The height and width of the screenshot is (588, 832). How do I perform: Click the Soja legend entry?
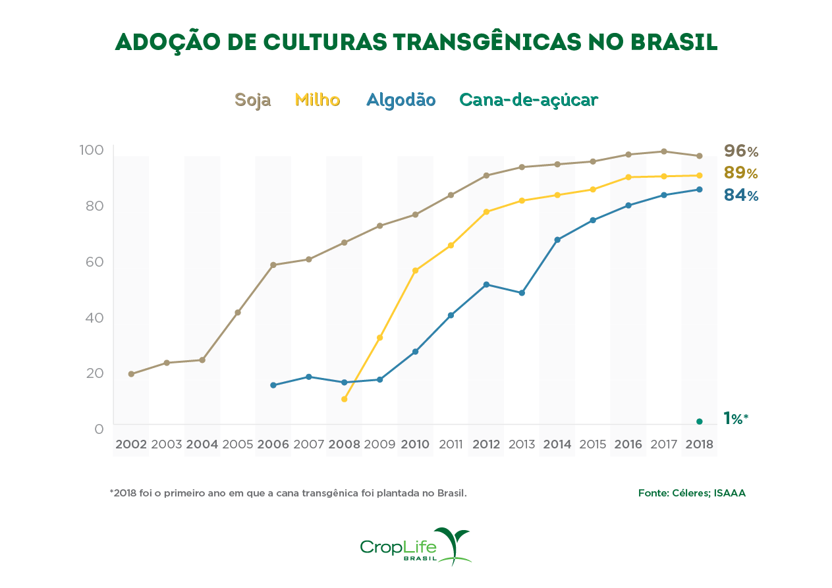[x=252, y=100]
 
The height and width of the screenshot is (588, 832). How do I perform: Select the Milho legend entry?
[x=318, y=100]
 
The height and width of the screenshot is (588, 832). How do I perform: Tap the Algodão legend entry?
[x=401, y=100]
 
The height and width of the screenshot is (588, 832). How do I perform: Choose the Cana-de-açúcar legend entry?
[x=528, y=100]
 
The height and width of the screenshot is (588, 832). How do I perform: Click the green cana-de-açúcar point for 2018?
[x=699, y=421]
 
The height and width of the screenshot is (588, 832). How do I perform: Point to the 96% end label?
[x=741, y=151]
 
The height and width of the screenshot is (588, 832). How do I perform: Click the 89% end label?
[x=741, y=173]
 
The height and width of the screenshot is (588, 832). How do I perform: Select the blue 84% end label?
[x=741, y=196]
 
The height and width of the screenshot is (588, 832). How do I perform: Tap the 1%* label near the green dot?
[x=736, y=419]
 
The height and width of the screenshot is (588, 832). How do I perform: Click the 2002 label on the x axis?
[x=131, y=444]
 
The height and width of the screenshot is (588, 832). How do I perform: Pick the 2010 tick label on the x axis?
[x=415, y=444]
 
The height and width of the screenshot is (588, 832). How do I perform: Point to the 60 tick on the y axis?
[x=94, y=262]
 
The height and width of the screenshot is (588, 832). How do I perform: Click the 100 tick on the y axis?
[x=92, y=150]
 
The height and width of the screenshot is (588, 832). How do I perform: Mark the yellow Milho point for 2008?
[x=344, y=399]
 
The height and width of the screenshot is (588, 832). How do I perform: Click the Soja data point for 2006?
[x=273, y=265]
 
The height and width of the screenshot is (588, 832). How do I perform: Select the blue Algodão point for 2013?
[x=522, y=293]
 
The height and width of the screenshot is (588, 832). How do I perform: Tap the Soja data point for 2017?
[x=663, y=151]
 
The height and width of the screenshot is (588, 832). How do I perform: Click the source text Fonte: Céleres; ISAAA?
[x=692, y=493]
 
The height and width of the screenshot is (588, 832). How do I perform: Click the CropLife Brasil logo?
[x=416, y=547]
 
